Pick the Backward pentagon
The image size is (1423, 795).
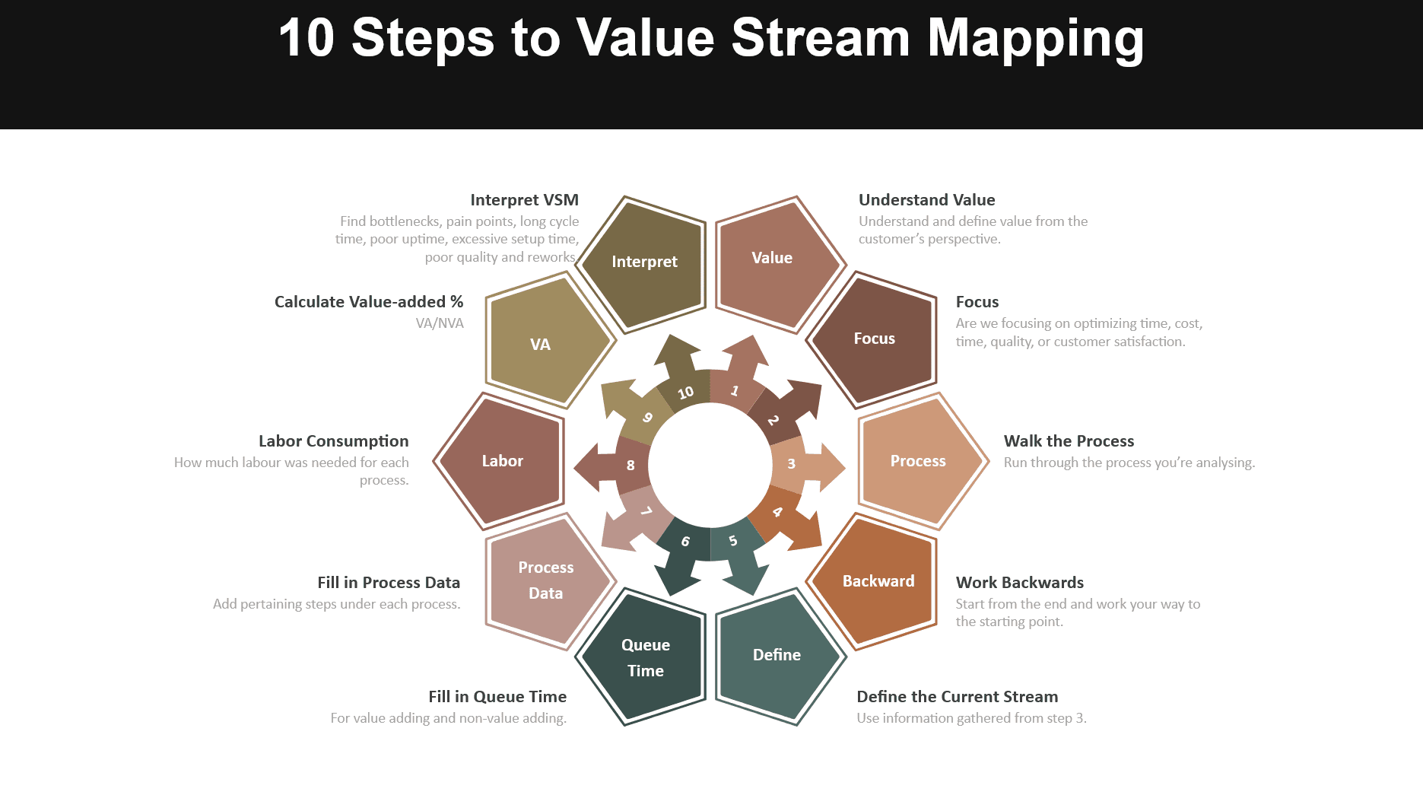click(878, 582)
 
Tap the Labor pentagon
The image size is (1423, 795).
click(502, 461)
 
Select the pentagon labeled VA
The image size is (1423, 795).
click(541, 345)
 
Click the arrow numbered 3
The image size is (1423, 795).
click(806, 465)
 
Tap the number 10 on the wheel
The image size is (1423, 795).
click(685, 393)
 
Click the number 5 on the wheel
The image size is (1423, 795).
click(733, 541)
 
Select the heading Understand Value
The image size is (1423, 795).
click(926, 200)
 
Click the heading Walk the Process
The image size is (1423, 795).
click(1069, 441)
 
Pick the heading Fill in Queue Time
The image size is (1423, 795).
click(497, 697)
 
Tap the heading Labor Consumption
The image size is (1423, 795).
click(333, 441)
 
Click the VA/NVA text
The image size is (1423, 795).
click(440, 323)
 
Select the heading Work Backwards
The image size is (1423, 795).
click(1019, 583)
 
